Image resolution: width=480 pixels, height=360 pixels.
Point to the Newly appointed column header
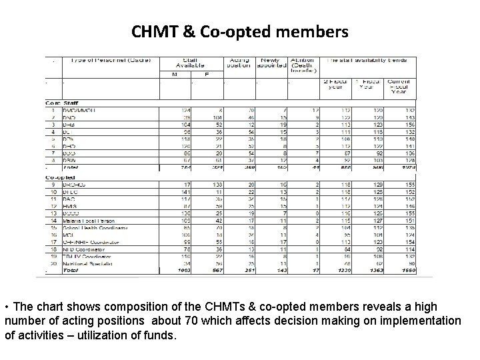pyautogui.click(x=271, y=62)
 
